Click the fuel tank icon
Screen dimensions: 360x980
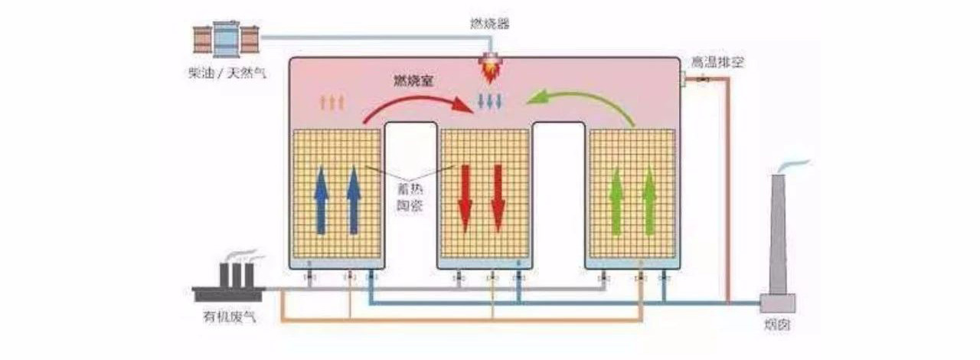click(x=227, y=38)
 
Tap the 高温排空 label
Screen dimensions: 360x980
click(x=717, y=61)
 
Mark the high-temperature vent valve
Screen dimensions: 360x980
click(x=705, y=78)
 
